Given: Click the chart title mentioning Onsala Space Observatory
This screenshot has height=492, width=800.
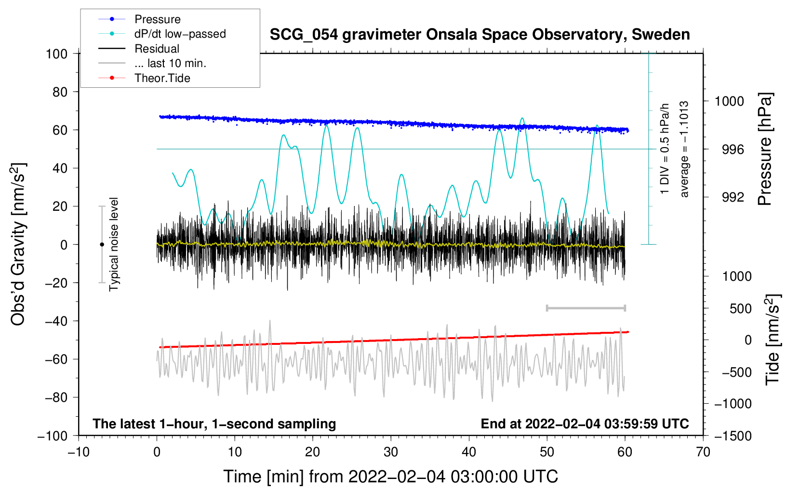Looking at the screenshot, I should pyautogui.click(x=480, y=35).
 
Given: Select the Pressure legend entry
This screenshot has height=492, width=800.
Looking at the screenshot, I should pyautogui.click(x=157, y=19).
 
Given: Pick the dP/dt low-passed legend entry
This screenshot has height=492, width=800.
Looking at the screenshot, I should pyautogui.click(x=180, y=34).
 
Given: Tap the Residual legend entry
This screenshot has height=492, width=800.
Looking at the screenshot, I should pyautogui.click(x=157, y=49).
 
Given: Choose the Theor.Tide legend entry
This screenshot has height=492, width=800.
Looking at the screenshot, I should pyautogui.click(x=162, y=78).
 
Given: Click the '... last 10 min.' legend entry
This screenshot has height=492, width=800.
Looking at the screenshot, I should pyautogui.click(x=170, y=63).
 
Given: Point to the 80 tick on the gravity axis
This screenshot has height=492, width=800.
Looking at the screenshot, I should pyautogui.click(x=60, y=92).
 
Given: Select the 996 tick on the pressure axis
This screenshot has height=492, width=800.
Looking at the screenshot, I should pyautogui.click(x=733, y=150).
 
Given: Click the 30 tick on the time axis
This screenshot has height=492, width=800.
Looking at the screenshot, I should pyautogui.click(x=391, y=452).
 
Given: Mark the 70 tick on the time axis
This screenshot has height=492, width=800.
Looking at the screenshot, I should pyautogui.click(x=703, y=452).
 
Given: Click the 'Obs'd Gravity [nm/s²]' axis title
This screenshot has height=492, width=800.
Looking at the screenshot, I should pyautogui.click(x=18, y=244).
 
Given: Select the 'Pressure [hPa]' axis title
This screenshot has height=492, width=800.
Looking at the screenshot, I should pyautogui.click(x=765, y=150).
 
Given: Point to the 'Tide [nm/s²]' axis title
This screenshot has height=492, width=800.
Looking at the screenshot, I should pyautogui.click(x=773, y=340).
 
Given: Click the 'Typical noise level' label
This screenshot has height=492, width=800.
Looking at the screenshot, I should pyautogui.click(x=114, y=244).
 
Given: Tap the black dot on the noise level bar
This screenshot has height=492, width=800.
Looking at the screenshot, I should pyautogui.click(x=102, y=245).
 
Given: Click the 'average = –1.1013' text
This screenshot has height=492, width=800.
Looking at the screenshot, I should pyautogui.click(x=684, y=150).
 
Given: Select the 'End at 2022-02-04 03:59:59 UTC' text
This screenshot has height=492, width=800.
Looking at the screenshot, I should pyautogui.click(x=585, y=424).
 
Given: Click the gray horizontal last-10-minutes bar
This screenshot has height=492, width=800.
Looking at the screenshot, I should pyautogui.click(x=586, y=308).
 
